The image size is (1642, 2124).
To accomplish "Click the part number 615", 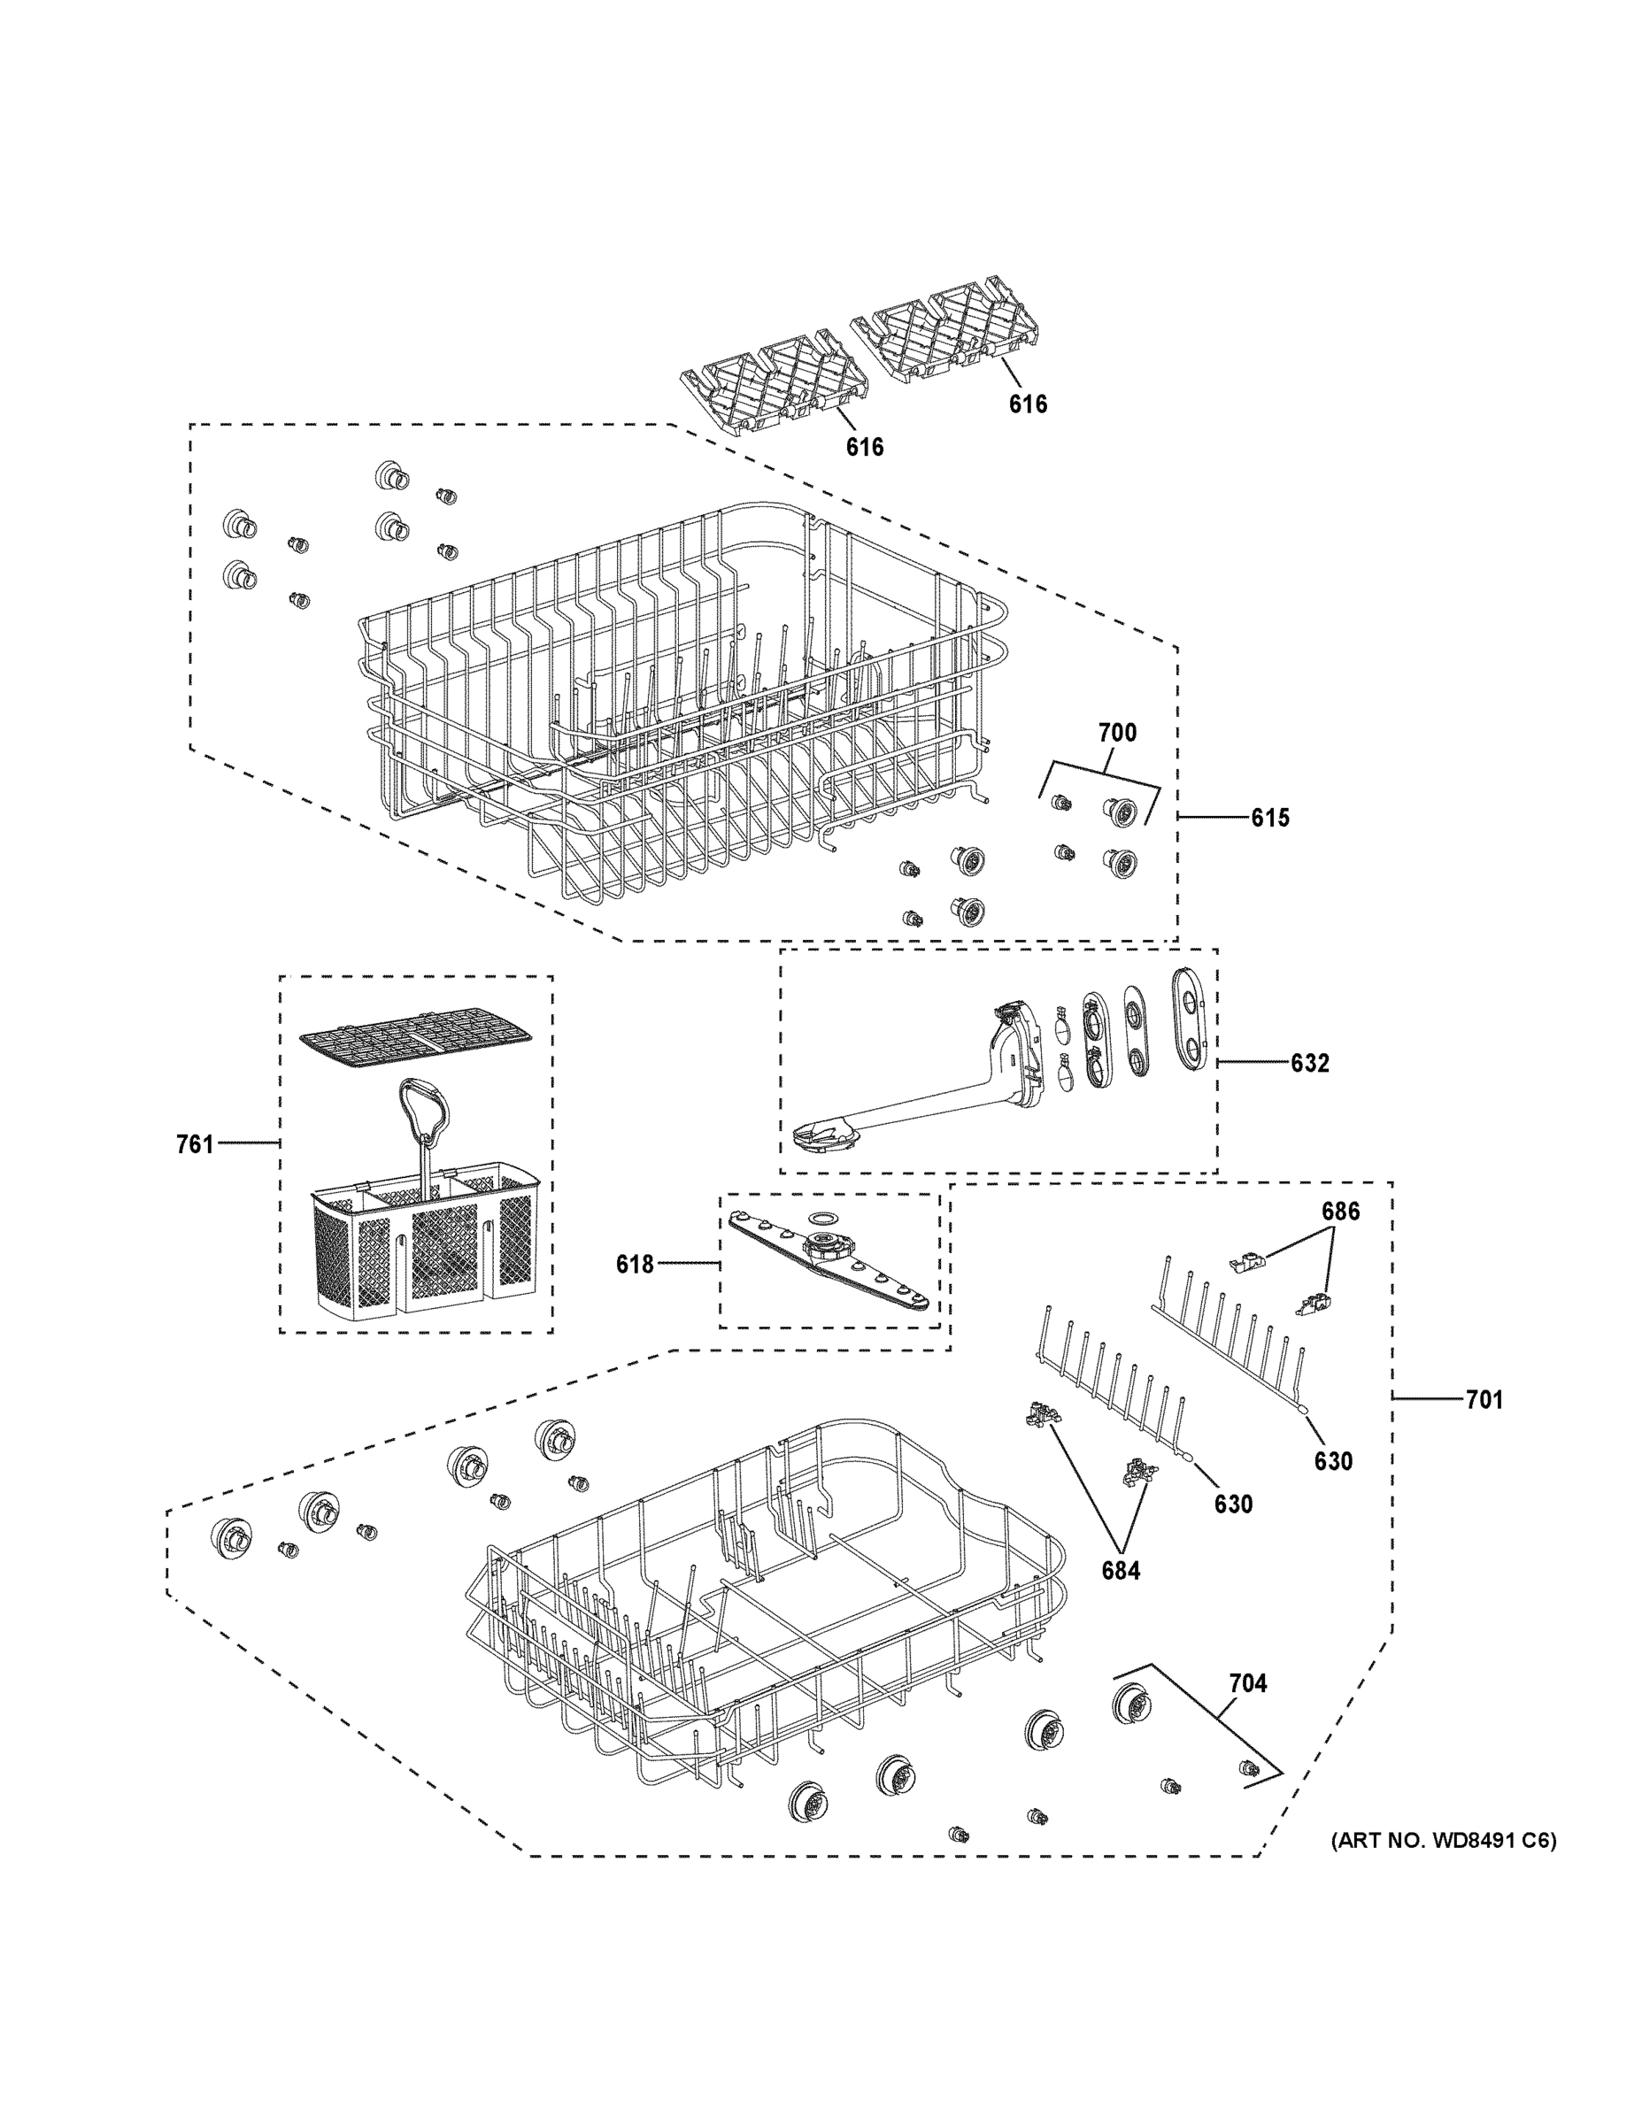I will point(1269,818).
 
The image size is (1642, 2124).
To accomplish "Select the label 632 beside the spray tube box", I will point(1309,1063).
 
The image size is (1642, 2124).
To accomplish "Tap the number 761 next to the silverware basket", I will point(195,1144).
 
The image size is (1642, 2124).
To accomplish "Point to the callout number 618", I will point(635,1265).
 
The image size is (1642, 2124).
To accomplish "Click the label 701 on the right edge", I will point(1484,1399).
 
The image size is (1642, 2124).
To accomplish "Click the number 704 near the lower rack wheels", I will point(1248,1682).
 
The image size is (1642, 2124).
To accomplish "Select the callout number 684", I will point(1121,1570).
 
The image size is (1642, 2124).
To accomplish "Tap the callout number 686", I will point(1339,1212).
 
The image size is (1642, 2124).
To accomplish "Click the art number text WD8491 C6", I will point(1443,1840).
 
